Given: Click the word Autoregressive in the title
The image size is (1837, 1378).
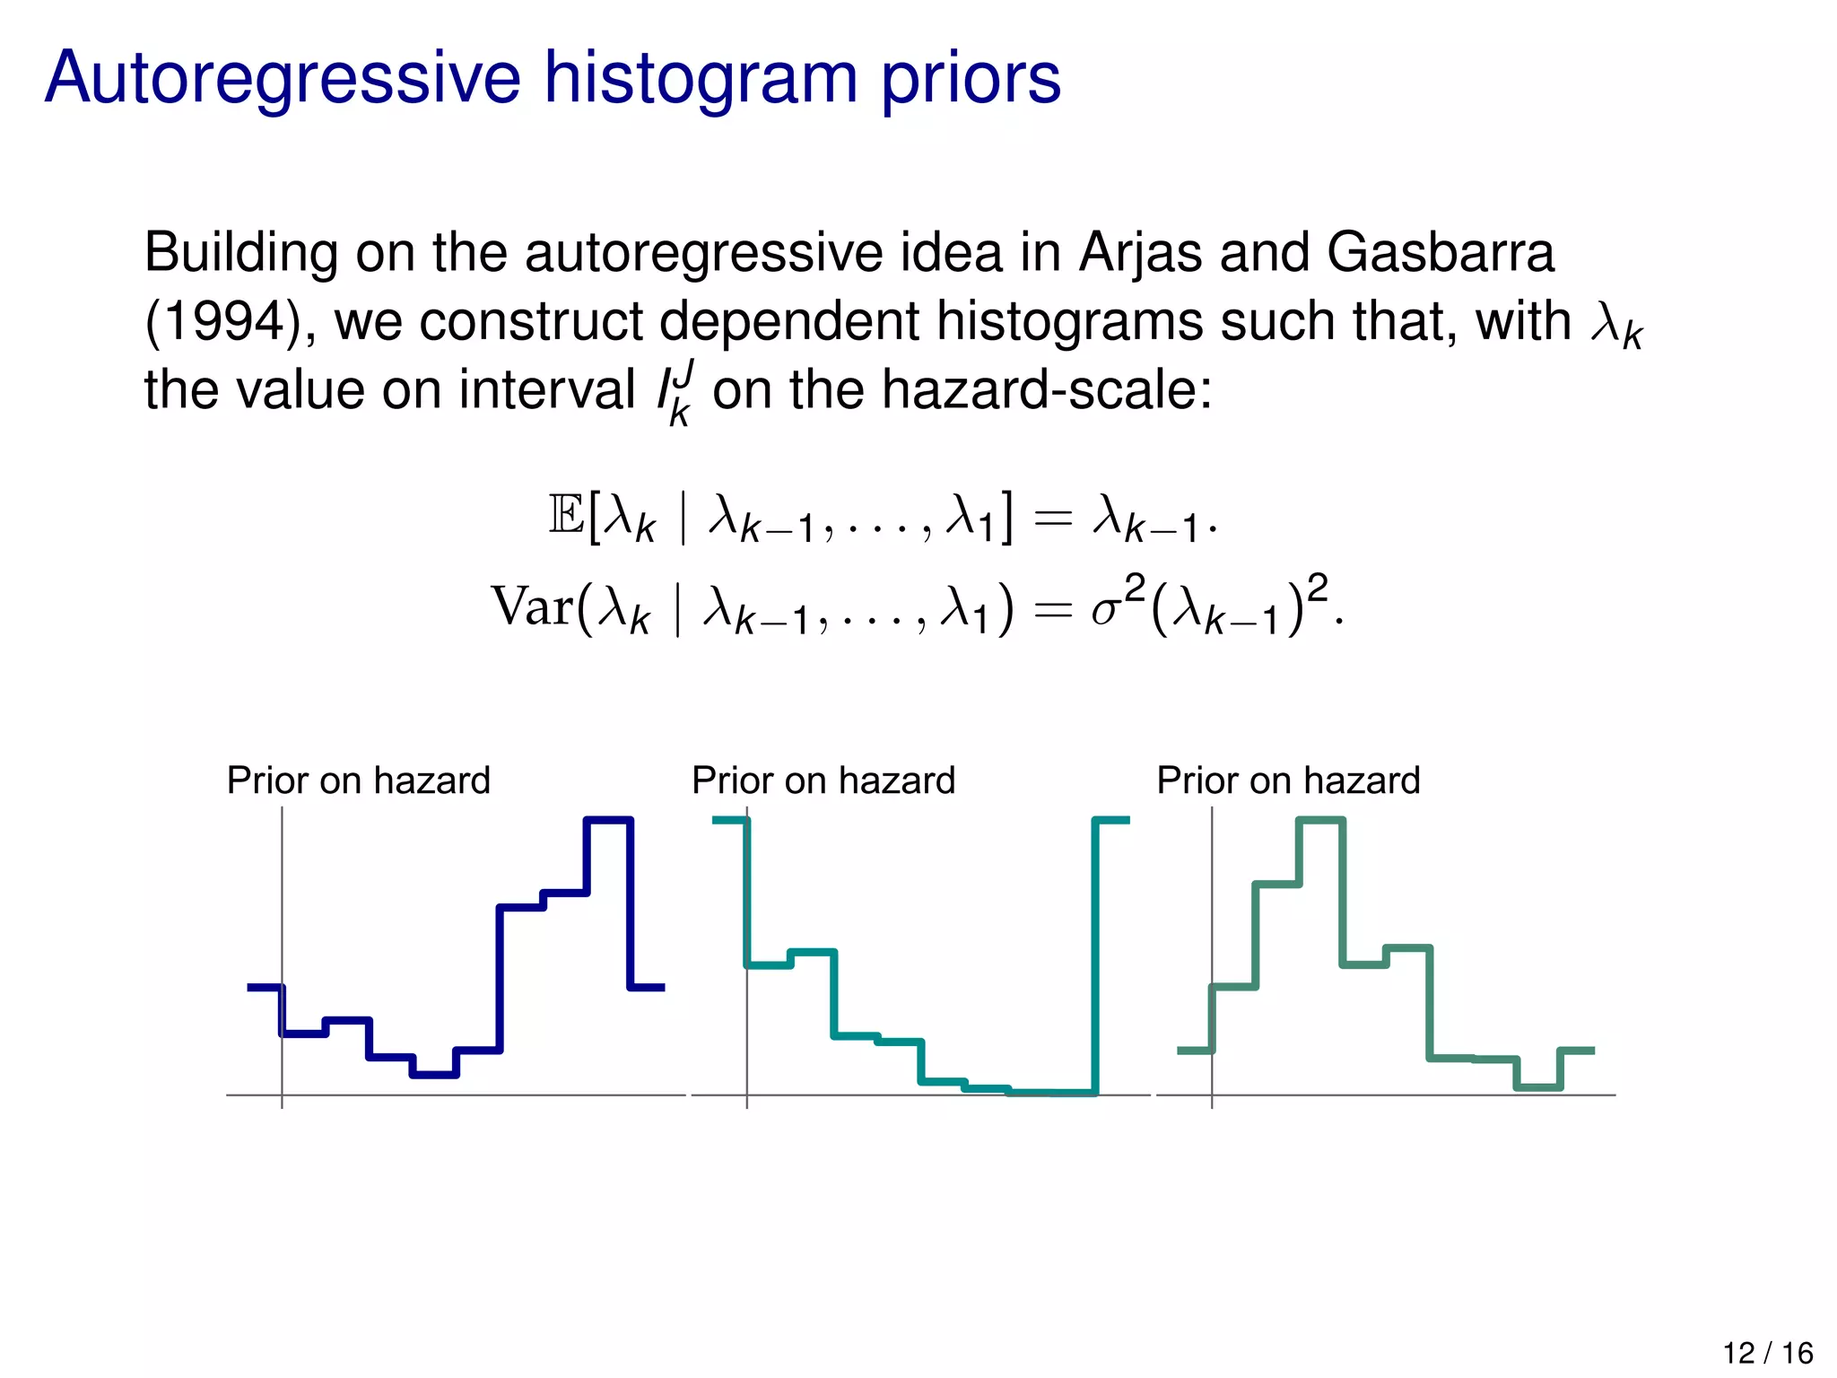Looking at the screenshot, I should [283, 79].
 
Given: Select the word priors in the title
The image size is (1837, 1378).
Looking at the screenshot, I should [971, 79].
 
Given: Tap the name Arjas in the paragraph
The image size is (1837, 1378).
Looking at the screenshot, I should [1140, 253].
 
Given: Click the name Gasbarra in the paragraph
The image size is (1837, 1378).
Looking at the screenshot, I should [1441, 253].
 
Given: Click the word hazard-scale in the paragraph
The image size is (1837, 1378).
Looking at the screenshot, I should [1047, 391].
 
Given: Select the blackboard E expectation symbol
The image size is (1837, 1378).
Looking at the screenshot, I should [566, 517].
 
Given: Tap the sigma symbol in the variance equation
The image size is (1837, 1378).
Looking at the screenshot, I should [1105, 610].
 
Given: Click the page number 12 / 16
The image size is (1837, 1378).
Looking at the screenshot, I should [1768, 1352].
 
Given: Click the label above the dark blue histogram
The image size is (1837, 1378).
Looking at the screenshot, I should [359, 781].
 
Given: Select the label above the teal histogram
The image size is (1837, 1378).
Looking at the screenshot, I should [823, 781].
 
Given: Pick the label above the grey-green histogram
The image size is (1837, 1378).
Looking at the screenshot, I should [1288, 781].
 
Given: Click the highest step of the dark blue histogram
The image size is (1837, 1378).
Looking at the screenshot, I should [609, 819].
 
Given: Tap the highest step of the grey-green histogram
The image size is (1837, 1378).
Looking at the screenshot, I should [1321, 819].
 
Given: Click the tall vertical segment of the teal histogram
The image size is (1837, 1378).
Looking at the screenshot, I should [1095, 955].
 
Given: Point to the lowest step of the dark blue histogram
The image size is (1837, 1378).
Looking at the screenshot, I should [434, 1074].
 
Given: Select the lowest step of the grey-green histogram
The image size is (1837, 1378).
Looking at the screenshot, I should [1538, 1087].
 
